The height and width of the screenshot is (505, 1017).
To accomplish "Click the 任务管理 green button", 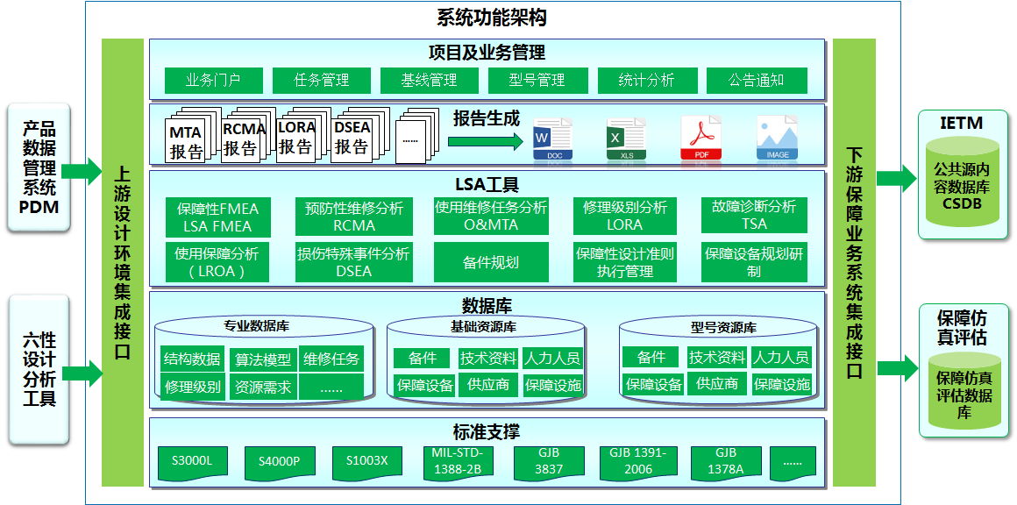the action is (321, 81).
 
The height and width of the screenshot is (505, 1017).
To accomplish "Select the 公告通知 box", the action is (757, 81).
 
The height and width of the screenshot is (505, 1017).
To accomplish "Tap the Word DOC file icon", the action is (552, 138).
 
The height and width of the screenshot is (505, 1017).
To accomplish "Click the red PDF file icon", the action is (701, 138).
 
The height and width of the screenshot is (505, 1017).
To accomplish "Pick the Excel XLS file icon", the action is (627, 138).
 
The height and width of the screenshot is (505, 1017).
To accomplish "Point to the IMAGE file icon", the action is (777, 138).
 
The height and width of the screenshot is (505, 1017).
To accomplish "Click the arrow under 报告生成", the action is (485, 141).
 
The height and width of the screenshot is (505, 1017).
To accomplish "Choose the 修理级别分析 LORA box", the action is (624, 216).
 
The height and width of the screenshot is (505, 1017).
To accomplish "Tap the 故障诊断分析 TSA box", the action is (754, 215).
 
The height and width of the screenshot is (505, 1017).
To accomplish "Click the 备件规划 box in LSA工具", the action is (491, 262).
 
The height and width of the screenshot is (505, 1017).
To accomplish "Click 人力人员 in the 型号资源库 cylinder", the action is (780, 357).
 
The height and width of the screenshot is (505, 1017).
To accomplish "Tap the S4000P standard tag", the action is (278, 462).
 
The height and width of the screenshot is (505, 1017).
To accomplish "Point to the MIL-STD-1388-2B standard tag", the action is (452, 462).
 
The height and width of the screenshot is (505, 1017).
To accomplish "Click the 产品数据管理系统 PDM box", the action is (38, 167).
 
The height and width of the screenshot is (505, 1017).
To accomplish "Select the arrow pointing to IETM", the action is (897, 178).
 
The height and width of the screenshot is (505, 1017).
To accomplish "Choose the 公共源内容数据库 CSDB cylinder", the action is (962, 186).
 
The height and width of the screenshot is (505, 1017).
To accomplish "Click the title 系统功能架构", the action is (493, 18).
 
